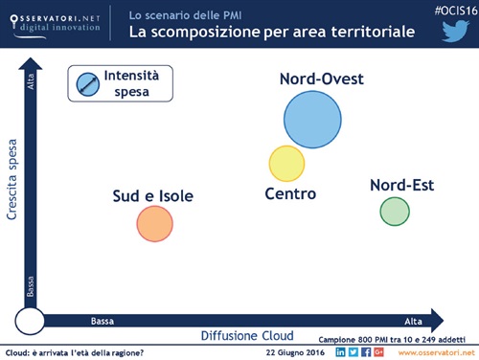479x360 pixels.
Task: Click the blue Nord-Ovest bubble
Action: (x=313, y=119)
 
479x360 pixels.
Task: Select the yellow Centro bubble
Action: (x=286, y=164)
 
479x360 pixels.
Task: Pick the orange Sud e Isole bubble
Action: (x=154, y=223)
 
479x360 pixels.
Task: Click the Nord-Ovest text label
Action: (x=321, y=79)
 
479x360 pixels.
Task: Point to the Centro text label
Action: (x=290, y=194)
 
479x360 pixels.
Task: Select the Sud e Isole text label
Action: (x=153, y=196)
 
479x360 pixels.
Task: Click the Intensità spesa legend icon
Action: (x=87, y=83)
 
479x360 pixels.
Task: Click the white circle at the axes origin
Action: (x=31, y=321)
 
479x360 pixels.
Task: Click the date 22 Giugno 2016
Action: (x=295, y=352)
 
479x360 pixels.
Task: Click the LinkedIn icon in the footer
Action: (x=341, y=352)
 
